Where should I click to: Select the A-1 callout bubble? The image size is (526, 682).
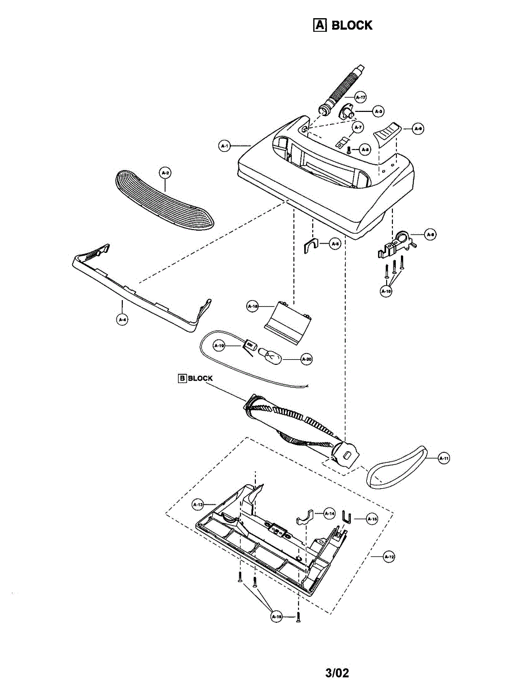point(225,147)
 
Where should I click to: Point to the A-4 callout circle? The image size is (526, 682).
point(122,319)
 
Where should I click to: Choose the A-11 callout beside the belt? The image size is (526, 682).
point(445,458)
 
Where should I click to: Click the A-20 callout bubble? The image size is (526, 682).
point(307,359)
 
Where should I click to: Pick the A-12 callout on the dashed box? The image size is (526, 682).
point(389,557)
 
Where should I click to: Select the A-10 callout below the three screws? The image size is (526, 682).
point(387,291)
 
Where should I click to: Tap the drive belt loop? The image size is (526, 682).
point(397,467)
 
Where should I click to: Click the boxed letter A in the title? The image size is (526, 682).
point(320,25)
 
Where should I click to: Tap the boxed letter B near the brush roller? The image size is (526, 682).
point(182,379)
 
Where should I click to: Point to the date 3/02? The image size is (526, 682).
point(337,673)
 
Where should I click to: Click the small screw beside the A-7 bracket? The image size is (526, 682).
point(349,149)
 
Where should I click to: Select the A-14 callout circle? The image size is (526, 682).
point(329,513)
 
